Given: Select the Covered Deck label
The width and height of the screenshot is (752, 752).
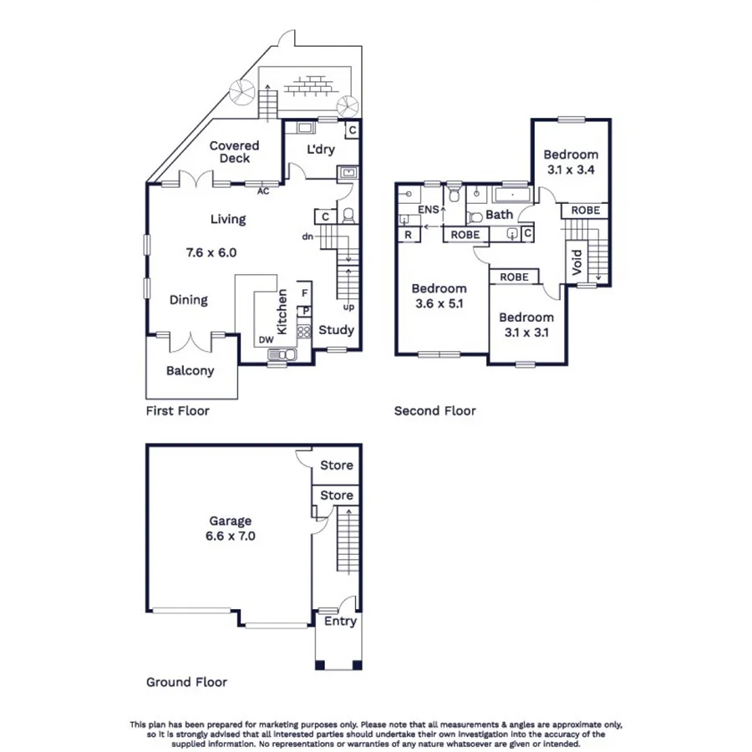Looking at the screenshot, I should pos(234,152).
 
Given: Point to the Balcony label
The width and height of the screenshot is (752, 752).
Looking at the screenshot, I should pos(190,371).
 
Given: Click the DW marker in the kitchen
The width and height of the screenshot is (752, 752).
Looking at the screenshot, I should pos(266,340).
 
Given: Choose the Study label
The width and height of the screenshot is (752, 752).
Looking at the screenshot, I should pos(338,330).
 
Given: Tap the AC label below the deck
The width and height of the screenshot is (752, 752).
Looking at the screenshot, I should pos(263,191).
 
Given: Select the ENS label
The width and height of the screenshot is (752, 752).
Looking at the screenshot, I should pos(428,210).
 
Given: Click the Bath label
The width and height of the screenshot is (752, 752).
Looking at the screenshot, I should pos(499,215).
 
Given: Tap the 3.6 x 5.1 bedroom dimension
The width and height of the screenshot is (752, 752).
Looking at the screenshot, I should pos(439,304).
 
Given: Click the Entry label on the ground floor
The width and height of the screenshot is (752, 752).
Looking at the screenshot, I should pos(339,622).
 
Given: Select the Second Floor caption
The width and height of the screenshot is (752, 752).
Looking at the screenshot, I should pos(434,411).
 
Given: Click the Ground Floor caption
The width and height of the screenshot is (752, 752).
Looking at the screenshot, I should pos(186,682).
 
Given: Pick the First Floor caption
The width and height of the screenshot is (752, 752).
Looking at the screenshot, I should pos(177,411).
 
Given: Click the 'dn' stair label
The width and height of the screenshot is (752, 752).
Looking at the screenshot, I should pos(307,236).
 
